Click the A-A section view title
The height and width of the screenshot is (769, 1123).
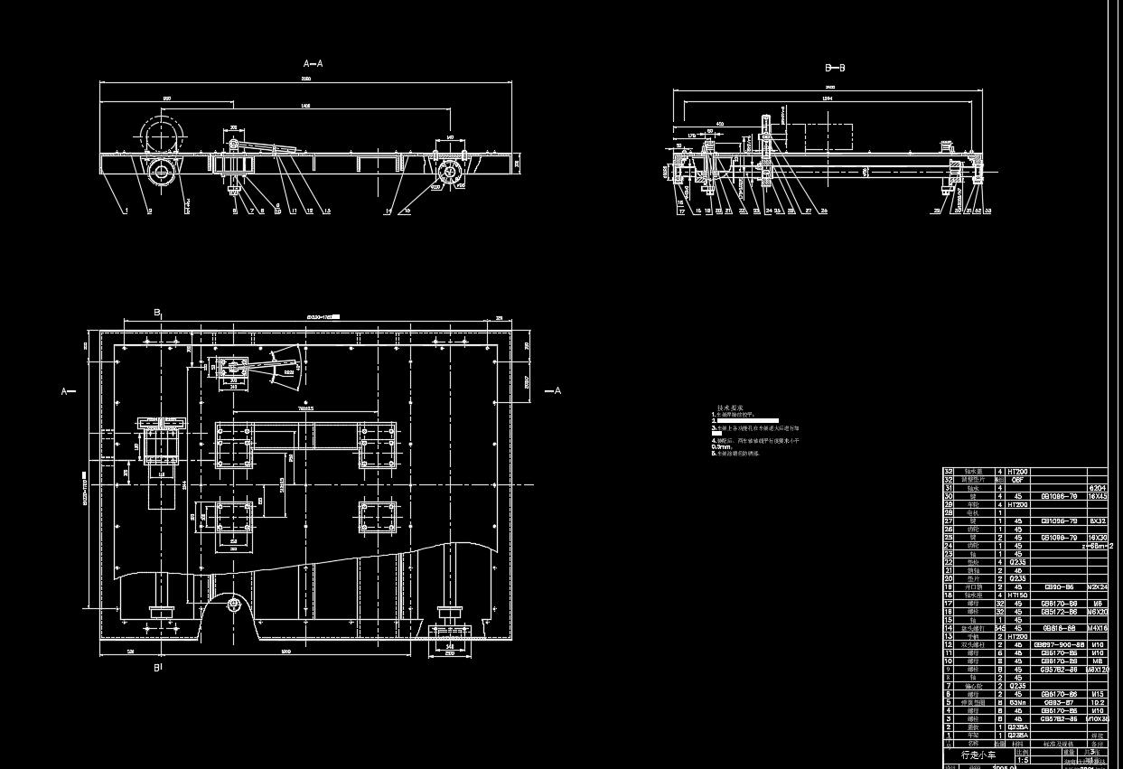pos(313,64)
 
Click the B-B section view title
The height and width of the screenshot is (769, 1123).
pos(835,68)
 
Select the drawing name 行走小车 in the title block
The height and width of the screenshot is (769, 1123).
pos(978,754)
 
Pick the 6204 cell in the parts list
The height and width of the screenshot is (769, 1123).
pos(1097,488)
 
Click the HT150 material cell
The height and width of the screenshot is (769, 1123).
pos(1017,596)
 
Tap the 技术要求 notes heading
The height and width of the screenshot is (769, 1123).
pos(729,408)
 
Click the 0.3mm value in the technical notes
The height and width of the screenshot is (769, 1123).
pos(721,446)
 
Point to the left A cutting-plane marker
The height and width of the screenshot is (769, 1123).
pos(65,391)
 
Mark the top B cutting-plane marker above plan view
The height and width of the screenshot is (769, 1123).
pos(157,313)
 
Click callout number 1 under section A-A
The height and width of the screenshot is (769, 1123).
pos(126,211)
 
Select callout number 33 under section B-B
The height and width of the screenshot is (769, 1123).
pos(987,211)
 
